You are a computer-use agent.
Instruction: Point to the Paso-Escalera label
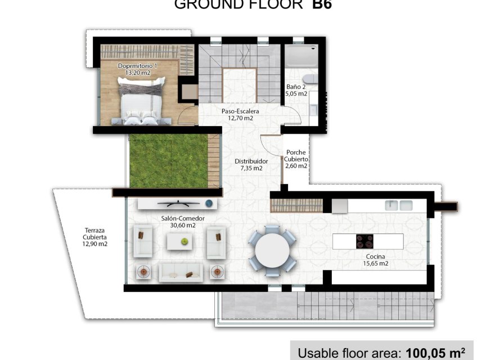coord(236,115)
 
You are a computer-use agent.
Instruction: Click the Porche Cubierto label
coord(296,159)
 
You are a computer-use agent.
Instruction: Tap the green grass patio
coord(169,160)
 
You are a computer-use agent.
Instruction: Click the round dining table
coord(272,250)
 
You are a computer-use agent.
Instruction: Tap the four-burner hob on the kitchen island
coord(364,241)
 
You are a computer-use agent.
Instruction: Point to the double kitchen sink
coord(399,205)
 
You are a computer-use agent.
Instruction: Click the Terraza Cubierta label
coord(94,237)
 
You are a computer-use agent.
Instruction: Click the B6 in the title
coord(322,5)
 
